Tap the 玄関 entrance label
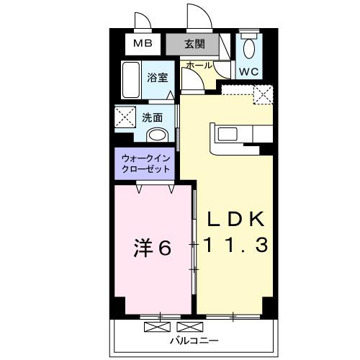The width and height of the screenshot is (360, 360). pos(194,44)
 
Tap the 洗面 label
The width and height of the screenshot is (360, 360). pos(151,117)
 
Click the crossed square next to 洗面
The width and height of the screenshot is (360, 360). pos(127,117)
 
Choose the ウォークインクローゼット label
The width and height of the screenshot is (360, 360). pos(146,163)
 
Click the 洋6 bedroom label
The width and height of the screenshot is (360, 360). pos(152,248)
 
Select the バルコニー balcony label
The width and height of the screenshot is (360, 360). pos(194,340)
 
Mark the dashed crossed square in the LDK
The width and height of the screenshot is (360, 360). pos(263,94)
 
